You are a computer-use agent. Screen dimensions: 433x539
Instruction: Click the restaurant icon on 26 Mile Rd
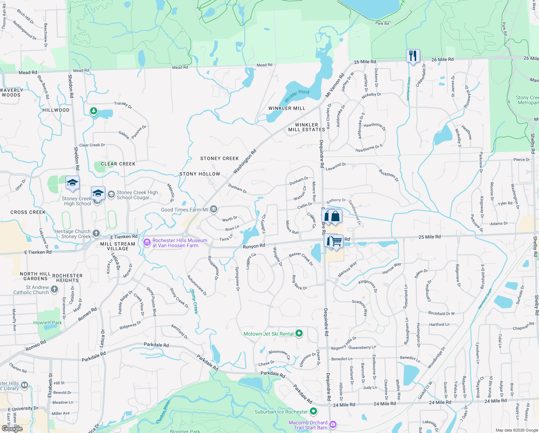(x=413, y=56)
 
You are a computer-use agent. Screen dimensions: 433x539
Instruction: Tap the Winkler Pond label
(x=297, y=96)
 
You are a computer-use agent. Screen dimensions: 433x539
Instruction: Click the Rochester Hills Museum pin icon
(x=147, y=242)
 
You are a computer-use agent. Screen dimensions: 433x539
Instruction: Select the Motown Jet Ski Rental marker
(x=299, y=333)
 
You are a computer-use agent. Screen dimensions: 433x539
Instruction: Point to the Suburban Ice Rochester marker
(x=313, y=411)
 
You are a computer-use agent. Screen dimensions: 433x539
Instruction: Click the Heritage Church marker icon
(x=96, y=233)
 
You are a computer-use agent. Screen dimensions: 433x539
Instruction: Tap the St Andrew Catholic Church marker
(x=54, y=289)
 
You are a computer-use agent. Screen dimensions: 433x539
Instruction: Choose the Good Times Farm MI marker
(x=214, y=209)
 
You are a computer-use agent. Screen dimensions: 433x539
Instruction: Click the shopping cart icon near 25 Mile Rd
(x=337, y=241)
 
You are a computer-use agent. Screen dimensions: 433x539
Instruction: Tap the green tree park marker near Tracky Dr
(x=94, y=111)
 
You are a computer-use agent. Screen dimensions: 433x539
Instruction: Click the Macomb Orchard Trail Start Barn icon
(x=333, y=424)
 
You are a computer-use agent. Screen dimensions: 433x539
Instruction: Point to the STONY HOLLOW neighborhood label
(x=200, y=174)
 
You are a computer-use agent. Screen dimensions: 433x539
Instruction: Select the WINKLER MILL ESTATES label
(x=307, y=127)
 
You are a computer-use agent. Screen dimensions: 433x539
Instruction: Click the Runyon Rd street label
(x=254, y=246)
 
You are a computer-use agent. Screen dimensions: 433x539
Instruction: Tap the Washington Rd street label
(x=245, y=161)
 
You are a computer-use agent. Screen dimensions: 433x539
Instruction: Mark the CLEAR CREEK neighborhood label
(x=118, y=164)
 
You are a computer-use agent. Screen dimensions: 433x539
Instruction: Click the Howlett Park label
(x=48, y=323)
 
